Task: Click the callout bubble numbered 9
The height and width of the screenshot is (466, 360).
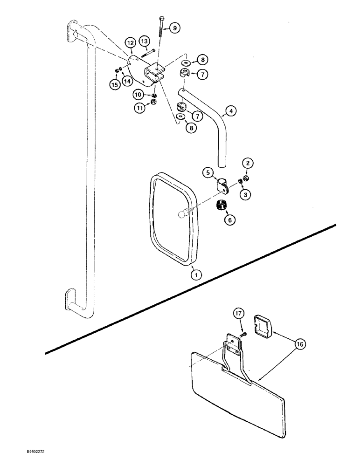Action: point(175,28)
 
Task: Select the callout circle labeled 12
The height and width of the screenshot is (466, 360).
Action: point(131,44)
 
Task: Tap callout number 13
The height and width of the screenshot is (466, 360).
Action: point(144,41)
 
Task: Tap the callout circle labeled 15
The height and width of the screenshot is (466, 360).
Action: point(114,84)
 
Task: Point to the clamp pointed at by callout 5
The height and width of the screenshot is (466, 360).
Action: point(223,184)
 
